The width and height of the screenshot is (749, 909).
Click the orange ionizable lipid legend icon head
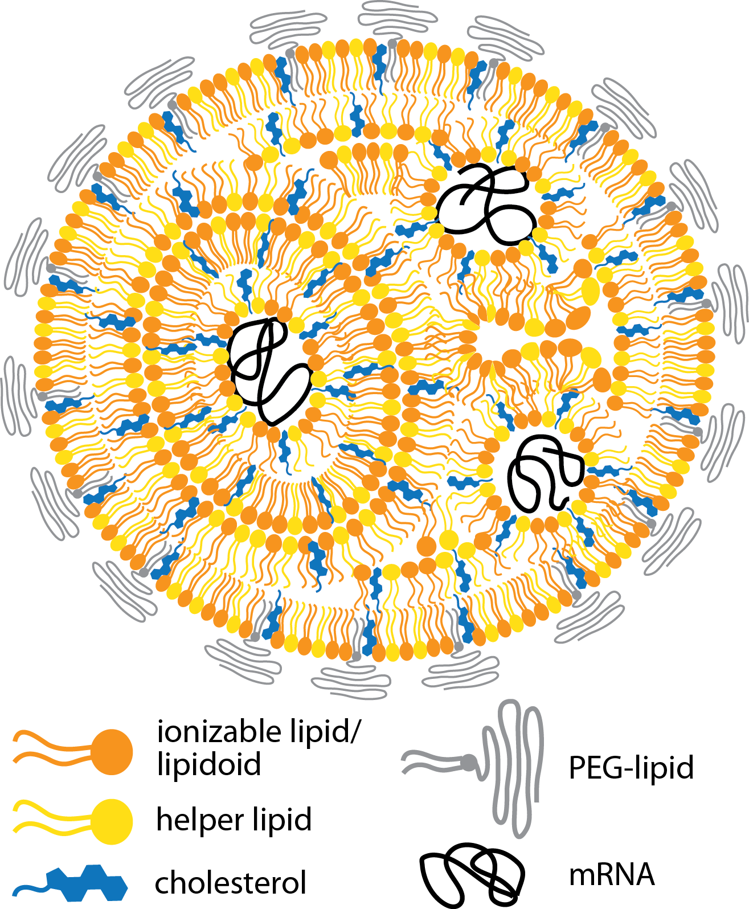click(x=112, y=752)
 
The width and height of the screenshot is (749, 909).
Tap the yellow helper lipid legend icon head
click(x=112, y=822)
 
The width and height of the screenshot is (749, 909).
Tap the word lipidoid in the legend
click(x=208, y=764)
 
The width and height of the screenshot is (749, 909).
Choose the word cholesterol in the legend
click(x=231, y=883)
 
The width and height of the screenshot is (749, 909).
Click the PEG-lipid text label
click(x=631, y=768)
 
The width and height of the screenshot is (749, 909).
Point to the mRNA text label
click(x=612, y=874)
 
